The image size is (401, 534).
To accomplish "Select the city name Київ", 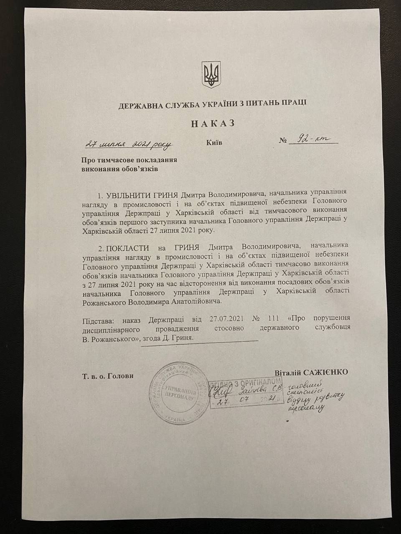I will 214,143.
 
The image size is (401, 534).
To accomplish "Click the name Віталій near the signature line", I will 288,372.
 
